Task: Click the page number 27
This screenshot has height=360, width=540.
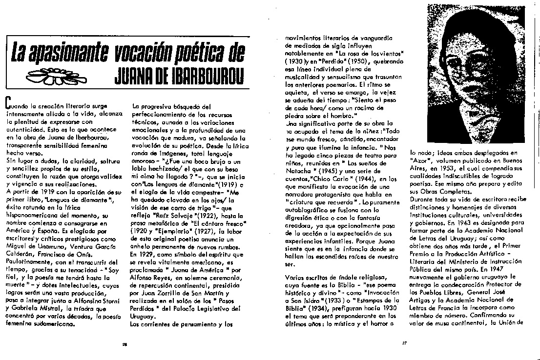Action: (404, 342)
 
